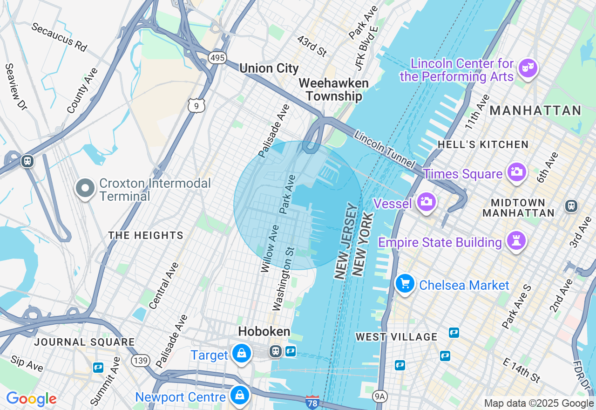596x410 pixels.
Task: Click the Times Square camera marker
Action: point(516,172)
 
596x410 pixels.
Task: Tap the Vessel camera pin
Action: point(426,202)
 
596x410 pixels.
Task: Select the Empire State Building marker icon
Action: point(516,241)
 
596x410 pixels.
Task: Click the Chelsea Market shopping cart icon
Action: point(405,283)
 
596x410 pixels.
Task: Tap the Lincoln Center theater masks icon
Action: point(528,68)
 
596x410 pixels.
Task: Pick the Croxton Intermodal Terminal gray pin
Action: point(85,188)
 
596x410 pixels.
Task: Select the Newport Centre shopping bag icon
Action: point(239,396)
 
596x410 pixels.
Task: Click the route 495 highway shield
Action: point(217,58)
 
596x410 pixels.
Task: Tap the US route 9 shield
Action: point(196,105)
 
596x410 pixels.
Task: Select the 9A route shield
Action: point(380,396)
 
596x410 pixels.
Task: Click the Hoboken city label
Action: point(264,332)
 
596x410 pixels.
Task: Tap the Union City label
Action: point(269,68)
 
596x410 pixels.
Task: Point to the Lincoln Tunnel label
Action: point(384,150)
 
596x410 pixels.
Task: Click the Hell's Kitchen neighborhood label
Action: point(483,144)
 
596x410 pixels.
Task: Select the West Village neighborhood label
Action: point(396,336)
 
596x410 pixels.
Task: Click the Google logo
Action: point(31,399)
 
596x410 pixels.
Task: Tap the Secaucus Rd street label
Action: point(59,36)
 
